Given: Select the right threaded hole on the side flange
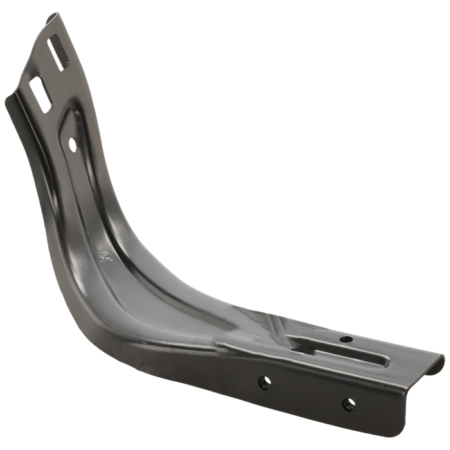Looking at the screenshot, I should point(348,404).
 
